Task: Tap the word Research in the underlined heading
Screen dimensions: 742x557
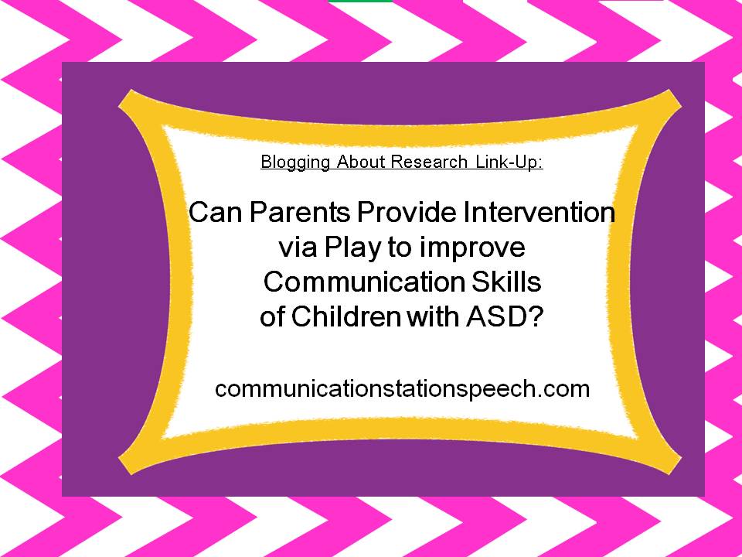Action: (429, 162)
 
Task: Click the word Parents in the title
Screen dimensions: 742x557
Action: (299, 212)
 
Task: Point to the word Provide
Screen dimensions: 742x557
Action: (407, 212)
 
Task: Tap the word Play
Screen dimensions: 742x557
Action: (352, 248)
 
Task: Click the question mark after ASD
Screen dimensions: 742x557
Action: (533, 316)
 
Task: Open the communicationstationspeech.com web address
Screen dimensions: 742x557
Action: (402, 389)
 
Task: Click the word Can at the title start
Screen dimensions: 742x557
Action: (216, 212)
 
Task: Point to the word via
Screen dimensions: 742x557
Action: (298, 248)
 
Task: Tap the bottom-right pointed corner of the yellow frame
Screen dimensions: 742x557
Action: (680, 459)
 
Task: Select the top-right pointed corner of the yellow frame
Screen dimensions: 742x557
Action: (680, 105)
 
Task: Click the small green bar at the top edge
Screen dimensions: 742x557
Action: (360, 1)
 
